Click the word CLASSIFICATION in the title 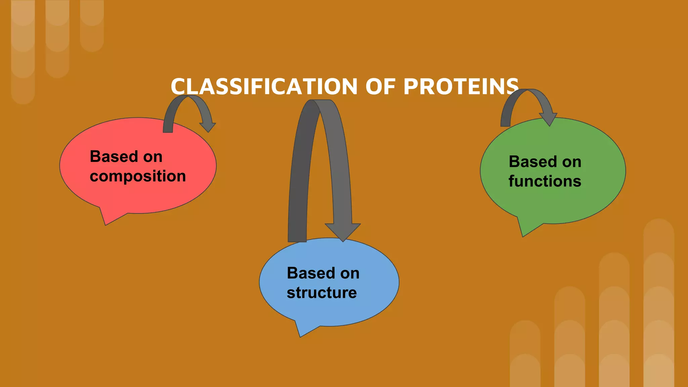264,87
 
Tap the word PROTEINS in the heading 461,87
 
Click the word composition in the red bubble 138,176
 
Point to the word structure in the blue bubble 321,293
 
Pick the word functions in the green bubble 545,181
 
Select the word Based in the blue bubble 311,273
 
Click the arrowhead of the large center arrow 343,232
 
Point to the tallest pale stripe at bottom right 658,302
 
